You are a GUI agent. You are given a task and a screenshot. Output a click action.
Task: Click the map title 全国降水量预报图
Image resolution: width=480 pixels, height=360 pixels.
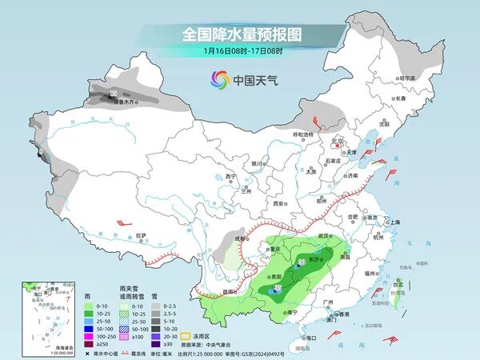[x=240, y=34]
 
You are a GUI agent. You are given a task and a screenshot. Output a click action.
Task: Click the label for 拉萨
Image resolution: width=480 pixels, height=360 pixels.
[x=141, y=235]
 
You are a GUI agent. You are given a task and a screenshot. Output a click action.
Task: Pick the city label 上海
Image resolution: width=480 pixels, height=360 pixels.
[x=392, y=222]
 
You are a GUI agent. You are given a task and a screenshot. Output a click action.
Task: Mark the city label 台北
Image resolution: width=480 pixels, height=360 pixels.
[x=397, y=282]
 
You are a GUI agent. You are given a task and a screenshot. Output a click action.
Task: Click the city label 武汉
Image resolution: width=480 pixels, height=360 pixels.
[x=323, y=236]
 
